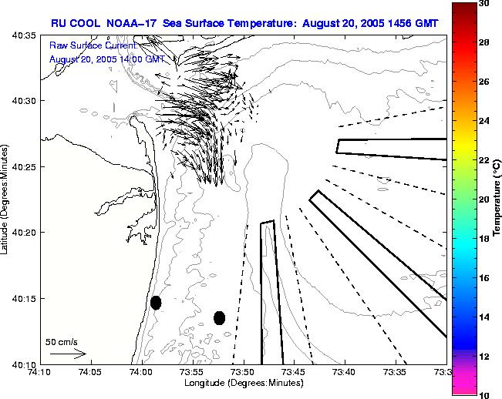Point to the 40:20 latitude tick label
coord(26,232)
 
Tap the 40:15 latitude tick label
coord(26,298)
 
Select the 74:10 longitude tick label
coord(40,371)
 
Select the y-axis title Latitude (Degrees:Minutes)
coord(6,199)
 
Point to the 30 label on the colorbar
coord(483,4)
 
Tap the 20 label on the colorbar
coord(483,199)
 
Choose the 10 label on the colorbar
coord(483,394)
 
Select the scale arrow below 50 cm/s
coord(68,354)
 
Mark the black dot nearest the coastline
coord(156,303)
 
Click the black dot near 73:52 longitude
coord(219,317)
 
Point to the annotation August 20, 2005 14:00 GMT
coord(106,59)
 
